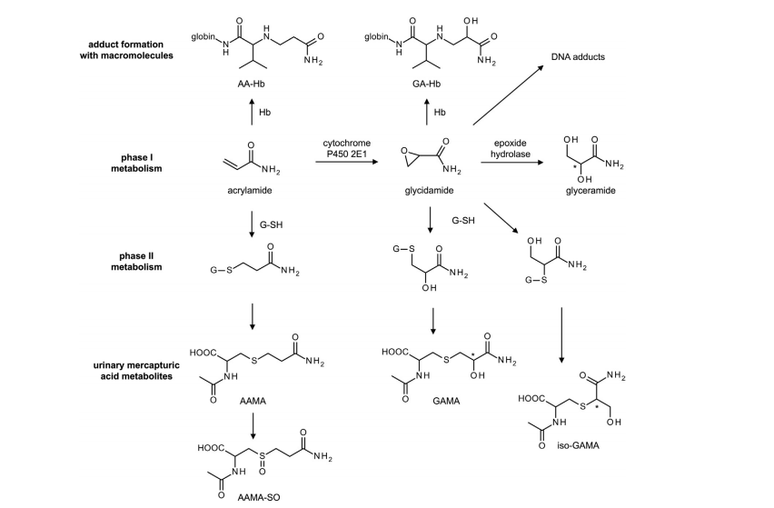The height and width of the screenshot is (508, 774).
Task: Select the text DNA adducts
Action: pos(579,57)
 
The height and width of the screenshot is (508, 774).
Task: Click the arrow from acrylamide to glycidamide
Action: pos(349,164)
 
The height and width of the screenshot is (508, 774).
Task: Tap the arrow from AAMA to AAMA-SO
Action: pos(252,424)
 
